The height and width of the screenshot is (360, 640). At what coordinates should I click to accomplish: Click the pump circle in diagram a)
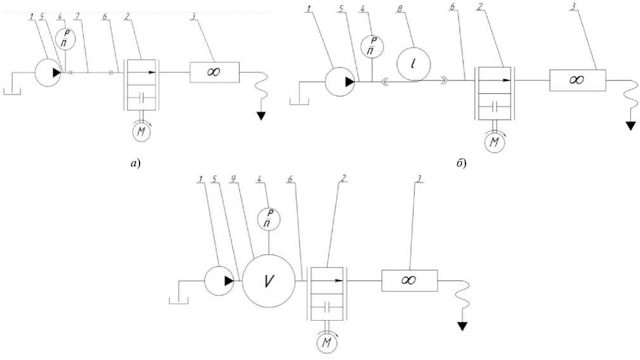(48, 73)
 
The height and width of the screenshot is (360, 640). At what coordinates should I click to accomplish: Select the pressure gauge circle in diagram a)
(64, 40)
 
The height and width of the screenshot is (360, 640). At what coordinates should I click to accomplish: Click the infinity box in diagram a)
(214, 72)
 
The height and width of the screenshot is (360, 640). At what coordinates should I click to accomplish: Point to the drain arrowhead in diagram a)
(261, 115)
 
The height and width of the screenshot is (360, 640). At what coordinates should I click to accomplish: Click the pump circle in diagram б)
(340, 81)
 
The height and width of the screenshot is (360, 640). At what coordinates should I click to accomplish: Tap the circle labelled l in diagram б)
(413, 63)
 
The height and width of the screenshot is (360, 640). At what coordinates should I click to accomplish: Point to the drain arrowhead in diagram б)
(630, 125)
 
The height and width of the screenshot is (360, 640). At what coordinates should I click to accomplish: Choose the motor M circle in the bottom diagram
(327, 343)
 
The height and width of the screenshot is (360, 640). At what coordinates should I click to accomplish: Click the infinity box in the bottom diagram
(409, 280)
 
